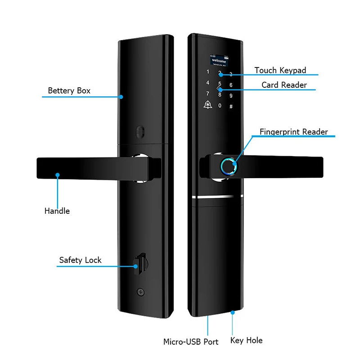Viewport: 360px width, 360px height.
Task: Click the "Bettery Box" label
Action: [x=69, y=90]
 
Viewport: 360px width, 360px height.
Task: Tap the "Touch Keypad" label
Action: [x=280, y=70]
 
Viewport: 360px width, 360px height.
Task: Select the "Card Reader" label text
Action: [x=284, y=85]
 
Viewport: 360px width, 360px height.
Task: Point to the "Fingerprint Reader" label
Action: [x=293, y=132]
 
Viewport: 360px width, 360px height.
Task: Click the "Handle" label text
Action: [x=57, y=211]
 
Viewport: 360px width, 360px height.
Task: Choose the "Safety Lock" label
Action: [x=80, y=260]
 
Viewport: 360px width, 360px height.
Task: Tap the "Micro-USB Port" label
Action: [x=191, y=342]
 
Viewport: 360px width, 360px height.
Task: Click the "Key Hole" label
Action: [x=246, y=340]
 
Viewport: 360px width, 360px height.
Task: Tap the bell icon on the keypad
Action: [x=207, y=106]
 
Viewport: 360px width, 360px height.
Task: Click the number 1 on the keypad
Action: [x=207, y=72]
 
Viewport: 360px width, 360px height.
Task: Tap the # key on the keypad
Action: [x=231, y=107]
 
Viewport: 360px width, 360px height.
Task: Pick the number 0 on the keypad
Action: [x=220, y=106]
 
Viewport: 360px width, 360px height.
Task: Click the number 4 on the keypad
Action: [x=207, y=83]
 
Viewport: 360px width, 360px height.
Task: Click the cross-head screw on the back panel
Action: [x=141, y=292]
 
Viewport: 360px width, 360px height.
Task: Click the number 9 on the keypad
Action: [x=231, y=95]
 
